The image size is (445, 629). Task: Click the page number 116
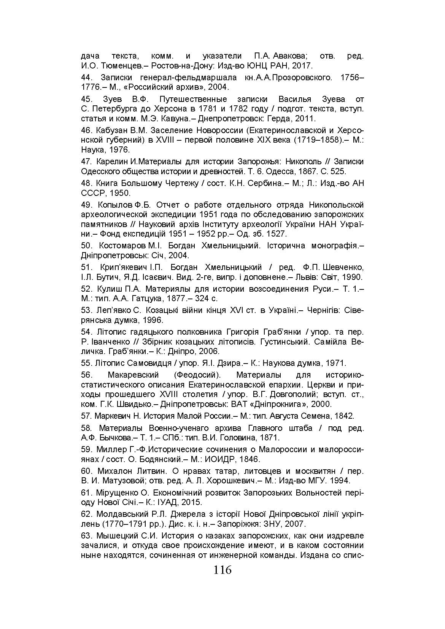coord(222,570)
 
